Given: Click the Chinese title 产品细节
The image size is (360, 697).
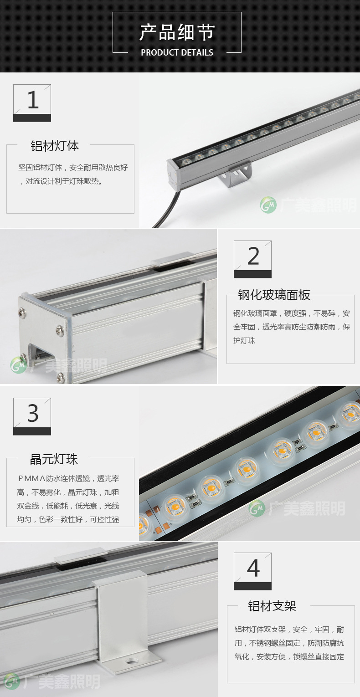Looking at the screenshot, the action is click(177, 32).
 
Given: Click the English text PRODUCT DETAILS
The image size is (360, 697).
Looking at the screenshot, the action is click(177, 52).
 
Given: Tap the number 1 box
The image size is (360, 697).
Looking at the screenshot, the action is click(32, 103).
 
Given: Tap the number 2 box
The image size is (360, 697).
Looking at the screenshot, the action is click(252, 259).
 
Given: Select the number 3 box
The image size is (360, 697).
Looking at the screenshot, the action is click(32, 416).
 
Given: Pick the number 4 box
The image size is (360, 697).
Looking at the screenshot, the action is click(252, 571).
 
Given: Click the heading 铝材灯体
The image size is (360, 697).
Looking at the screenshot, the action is click(55, 146).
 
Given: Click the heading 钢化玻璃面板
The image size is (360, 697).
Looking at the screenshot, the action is click(274, 295).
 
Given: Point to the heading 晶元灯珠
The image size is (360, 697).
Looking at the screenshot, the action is click(54, 459).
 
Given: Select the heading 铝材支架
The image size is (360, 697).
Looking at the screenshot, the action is click(272, 606).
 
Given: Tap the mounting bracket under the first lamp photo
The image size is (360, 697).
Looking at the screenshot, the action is click(236, 174).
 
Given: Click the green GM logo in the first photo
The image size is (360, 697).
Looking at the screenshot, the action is click(268, 205).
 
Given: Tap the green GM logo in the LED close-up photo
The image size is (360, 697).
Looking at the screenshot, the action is click(257, 508).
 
